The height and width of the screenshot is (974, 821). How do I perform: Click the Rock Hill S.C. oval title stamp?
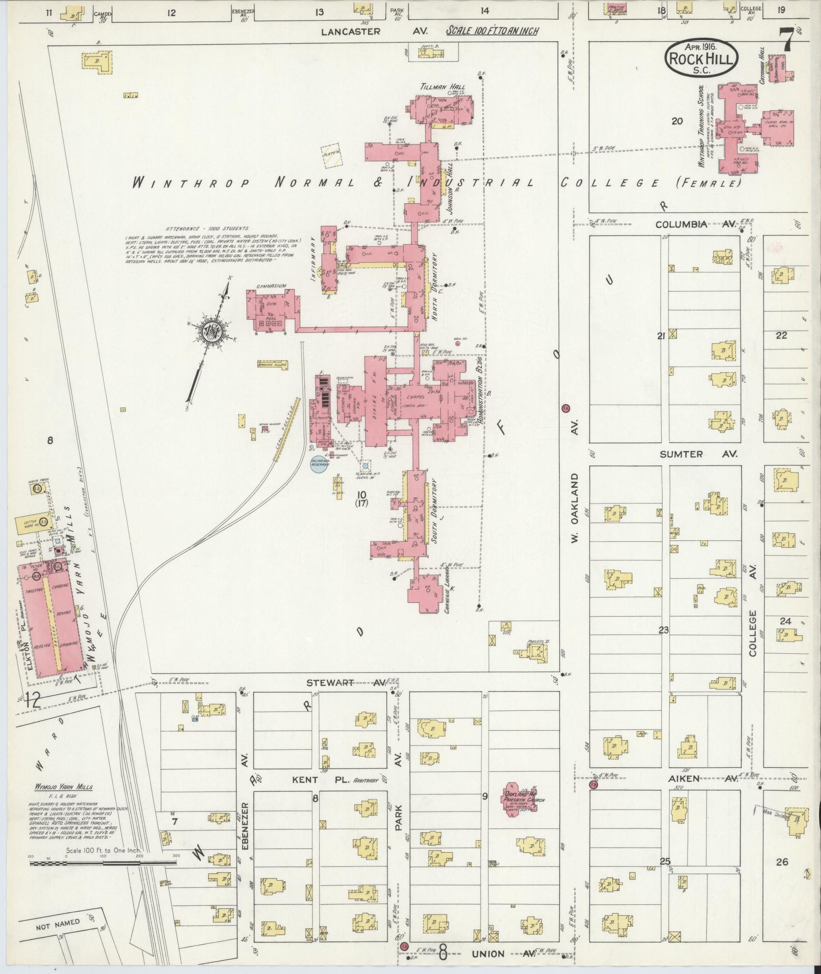[x=701, y=58]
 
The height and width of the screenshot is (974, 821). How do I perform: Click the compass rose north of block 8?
[x=211, y=333]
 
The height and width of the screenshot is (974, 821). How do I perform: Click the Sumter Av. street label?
[x=698, y=454]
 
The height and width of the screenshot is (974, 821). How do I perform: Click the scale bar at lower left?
[x=102, y=863]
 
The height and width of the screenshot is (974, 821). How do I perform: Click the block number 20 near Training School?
[x=676, y=121]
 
